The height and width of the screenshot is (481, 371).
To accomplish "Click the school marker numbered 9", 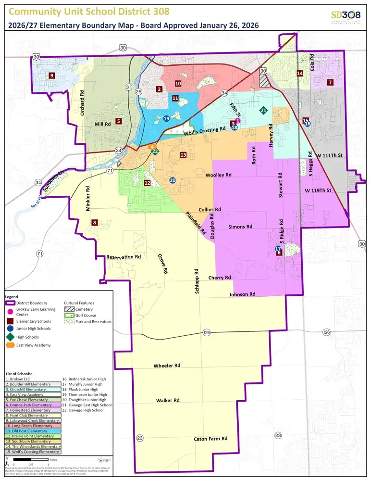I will pos(51,75).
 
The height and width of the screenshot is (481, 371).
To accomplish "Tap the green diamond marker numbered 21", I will pos(263,111).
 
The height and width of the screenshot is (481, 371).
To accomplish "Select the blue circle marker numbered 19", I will pos(166,118).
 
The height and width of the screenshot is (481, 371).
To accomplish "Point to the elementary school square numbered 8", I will pos(95,222).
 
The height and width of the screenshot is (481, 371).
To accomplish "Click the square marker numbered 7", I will pos(330,82).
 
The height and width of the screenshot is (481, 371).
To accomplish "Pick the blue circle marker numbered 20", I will pos(173,180).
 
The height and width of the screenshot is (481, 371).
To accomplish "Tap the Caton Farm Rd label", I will pos(210,439).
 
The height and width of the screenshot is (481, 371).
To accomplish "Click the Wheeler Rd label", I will pos(166,366).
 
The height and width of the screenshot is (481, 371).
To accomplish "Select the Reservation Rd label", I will pos(124,257).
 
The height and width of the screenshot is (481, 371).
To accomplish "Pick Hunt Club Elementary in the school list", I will pos(28,415).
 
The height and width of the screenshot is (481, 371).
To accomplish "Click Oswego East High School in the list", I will pos(87,405).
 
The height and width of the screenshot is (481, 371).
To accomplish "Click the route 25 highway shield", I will pos(138,92).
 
